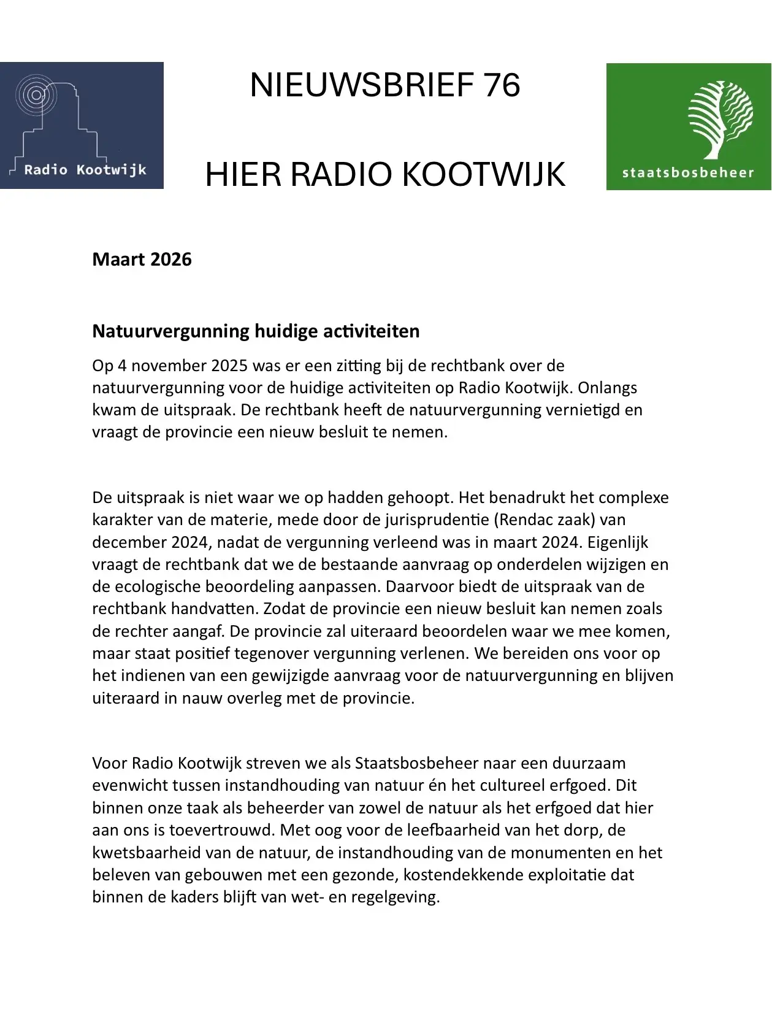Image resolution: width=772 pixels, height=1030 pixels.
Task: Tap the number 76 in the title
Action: (501, 85)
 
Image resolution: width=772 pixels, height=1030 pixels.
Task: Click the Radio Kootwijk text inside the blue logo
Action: (85, 170)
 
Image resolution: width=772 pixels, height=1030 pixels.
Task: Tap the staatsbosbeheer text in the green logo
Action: (688, 172)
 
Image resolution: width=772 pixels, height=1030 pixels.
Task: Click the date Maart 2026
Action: (142, 259)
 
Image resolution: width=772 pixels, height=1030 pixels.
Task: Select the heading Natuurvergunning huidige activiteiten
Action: (256, 331)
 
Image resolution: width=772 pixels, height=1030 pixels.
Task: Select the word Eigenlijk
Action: (620, 542)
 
